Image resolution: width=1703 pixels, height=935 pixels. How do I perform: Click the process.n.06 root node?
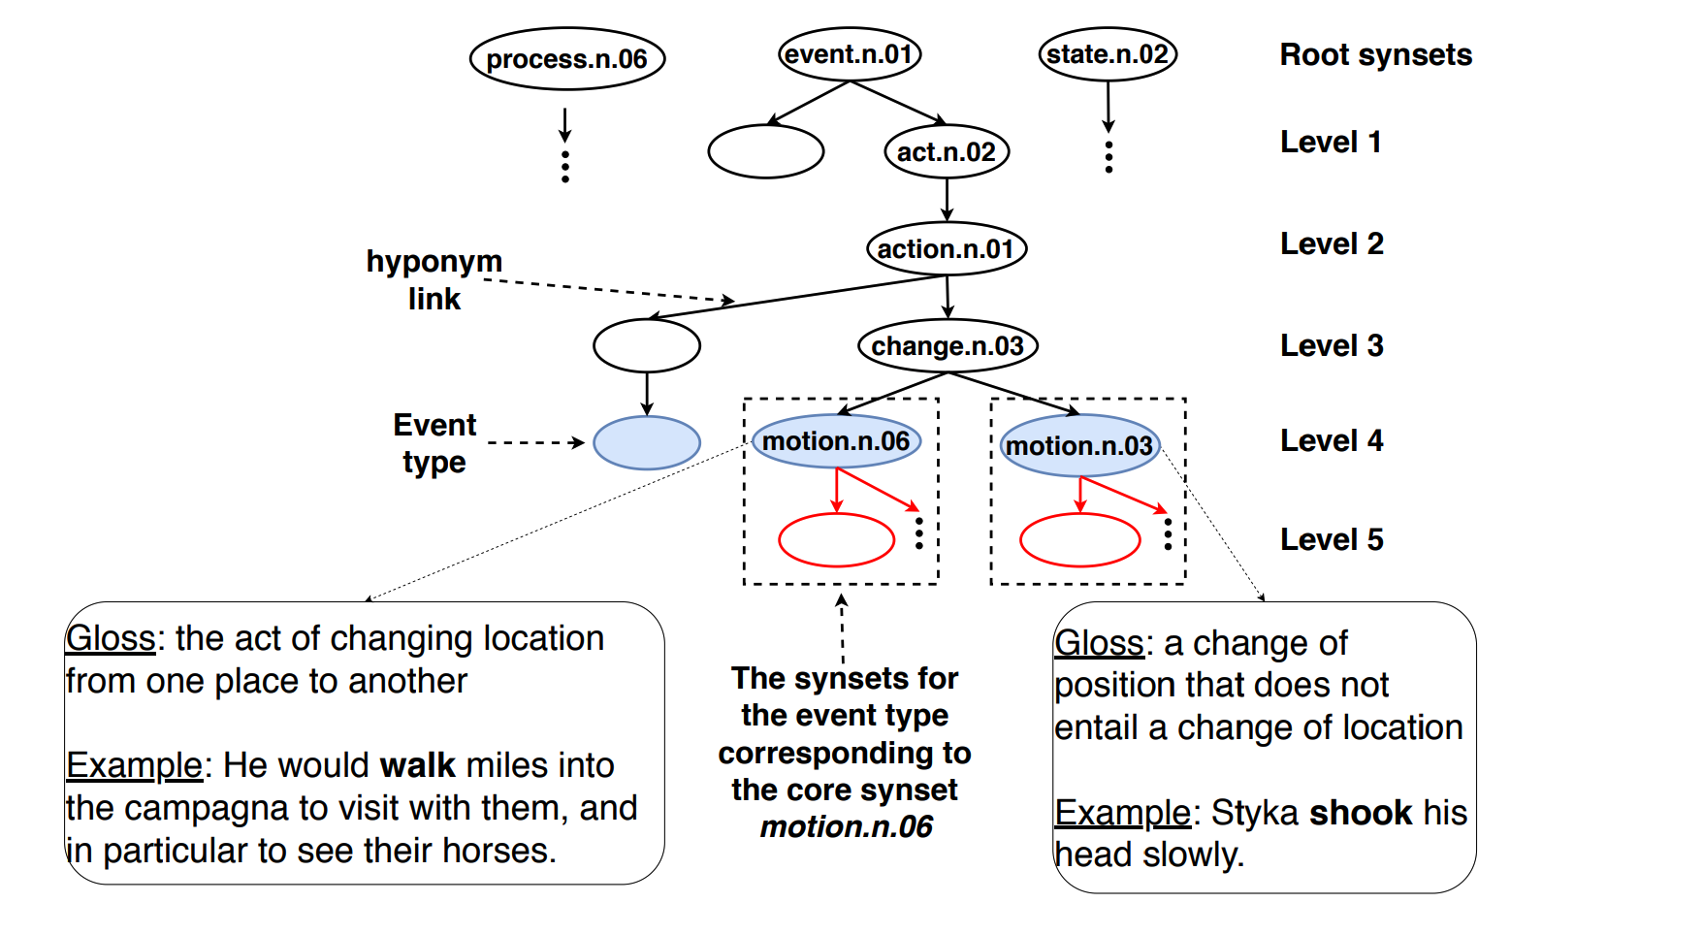click(x=566, y=59)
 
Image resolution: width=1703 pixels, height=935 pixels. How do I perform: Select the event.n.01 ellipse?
click(x=850, y=54)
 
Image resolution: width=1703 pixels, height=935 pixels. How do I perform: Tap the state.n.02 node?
click(x=1108, y=54)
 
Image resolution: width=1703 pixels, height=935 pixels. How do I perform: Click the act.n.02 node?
click(x=947, y=152)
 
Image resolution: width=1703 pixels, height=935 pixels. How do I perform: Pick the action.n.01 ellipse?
click(x=946, y=249)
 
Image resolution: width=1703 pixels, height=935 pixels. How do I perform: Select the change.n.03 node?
click(x=948, y=346)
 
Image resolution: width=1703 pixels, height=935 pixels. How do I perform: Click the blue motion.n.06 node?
click(x=836, y=441)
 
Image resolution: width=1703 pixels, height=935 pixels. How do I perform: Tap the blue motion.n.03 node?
click(x=1079, y=446)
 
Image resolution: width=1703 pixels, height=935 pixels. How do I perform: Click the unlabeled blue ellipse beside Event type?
click(x=646, y=443)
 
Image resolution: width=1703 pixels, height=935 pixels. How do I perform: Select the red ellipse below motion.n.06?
click(x=836, y=540)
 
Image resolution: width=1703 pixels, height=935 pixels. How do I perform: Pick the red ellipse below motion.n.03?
click(x=1079, y=540)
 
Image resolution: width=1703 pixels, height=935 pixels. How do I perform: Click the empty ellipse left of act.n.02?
click(x=765, y=152)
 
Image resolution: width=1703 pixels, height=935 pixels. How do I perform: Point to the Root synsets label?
click(x=1375, y=55)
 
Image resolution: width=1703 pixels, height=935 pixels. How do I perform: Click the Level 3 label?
click(x=1332, y=346)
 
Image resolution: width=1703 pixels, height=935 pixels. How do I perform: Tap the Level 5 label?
click(x=1332, y=540)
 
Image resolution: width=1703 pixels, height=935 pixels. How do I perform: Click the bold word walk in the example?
click(x=417, y=765)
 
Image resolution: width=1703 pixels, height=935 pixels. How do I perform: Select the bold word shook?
click(x=1361, y=813)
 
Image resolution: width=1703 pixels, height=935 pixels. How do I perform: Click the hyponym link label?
click(x=434, y=279)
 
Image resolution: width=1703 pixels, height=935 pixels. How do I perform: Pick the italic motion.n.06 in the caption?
click(x=846, y=827)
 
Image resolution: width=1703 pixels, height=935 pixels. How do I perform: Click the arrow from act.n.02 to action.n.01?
click(x=947, y=200)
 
